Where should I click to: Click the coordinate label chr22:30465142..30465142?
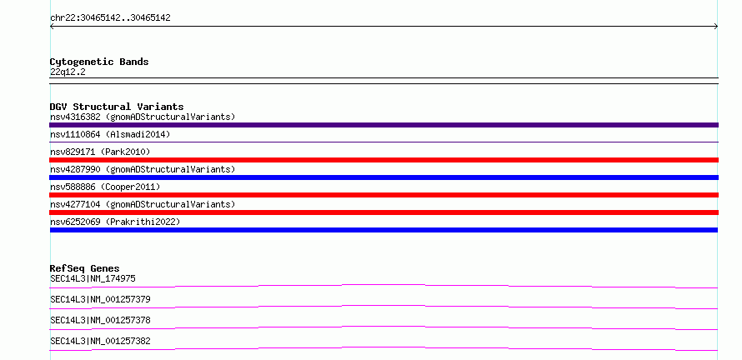click(110, 18)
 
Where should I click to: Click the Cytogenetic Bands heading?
click(99, 62)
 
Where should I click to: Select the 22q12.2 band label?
click(68, 72)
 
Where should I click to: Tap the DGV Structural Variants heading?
click(117, 107)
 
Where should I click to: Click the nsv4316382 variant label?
click(143, 117)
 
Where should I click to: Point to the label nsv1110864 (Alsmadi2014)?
click(110, 134)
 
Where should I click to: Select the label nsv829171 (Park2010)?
click(100, 152)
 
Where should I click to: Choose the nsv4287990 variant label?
click(143, 169)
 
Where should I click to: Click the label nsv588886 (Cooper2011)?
click(105, 187)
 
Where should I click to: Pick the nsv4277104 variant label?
click(143, 204)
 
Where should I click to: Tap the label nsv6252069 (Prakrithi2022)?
click(115, 222)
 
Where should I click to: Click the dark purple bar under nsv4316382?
click(384, 125)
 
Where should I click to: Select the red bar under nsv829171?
click(384, 160)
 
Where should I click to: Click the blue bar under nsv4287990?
click(384, 177)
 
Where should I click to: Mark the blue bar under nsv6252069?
click(384, 230)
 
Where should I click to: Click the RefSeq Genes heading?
click(85, 268)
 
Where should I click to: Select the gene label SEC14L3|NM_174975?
click(93, 278)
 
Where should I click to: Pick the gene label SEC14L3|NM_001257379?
click(100, 299)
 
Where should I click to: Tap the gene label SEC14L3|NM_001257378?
click(100, 320)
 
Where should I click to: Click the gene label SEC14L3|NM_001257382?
click(100, 341)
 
